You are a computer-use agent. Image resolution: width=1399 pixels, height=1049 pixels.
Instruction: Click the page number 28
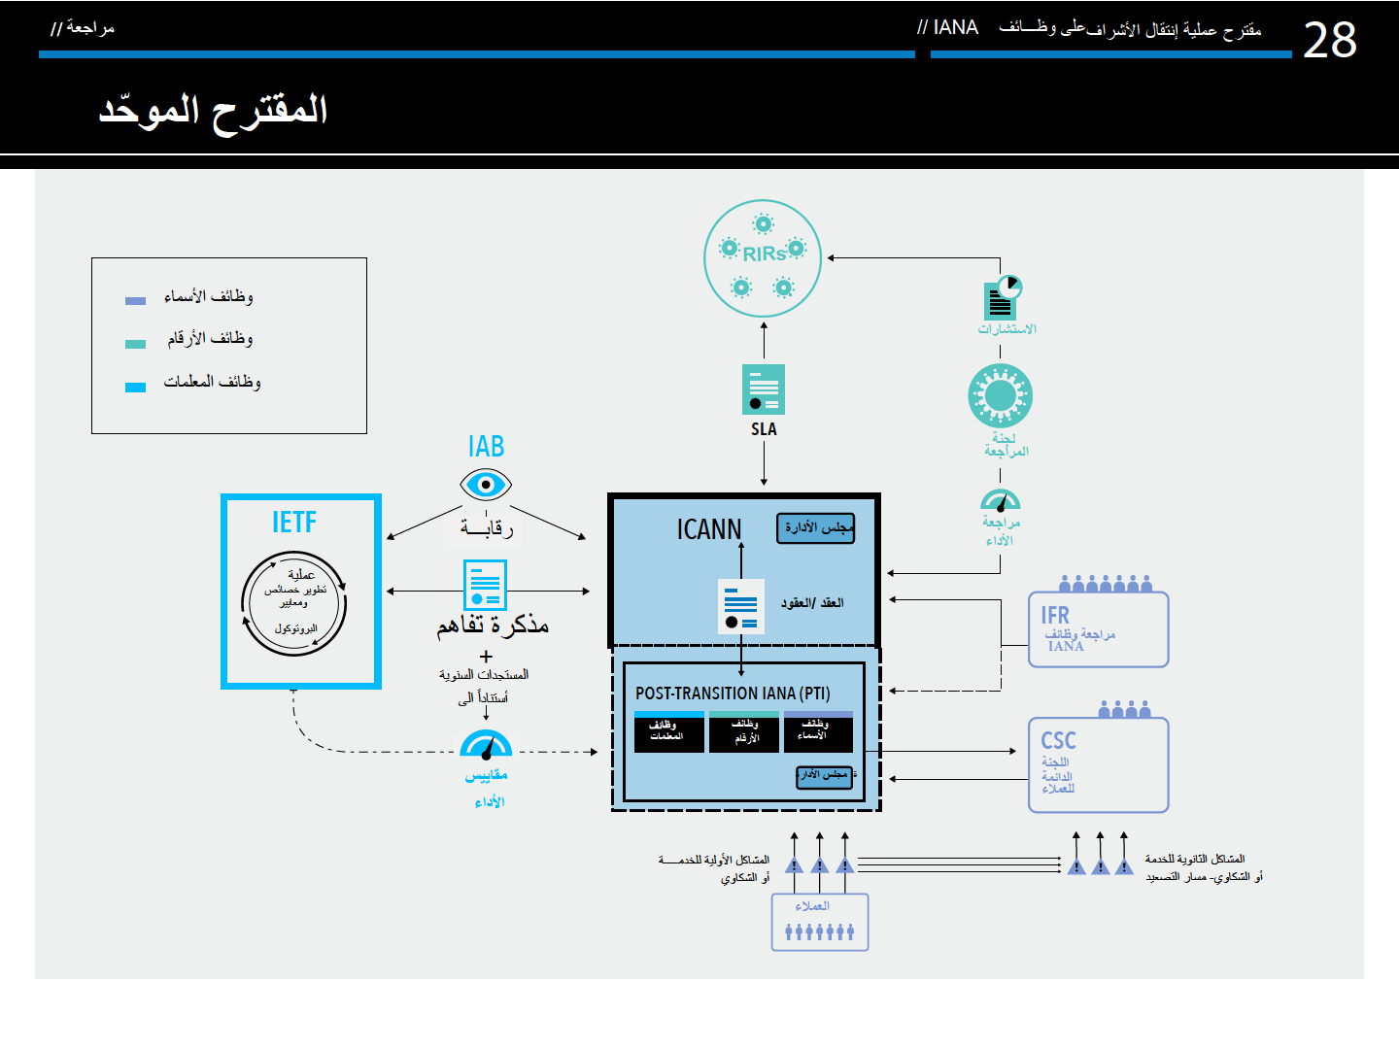point(1329,41)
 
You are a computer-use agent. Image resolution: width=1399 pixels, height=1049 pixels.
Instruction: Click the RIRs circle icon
point(763,257)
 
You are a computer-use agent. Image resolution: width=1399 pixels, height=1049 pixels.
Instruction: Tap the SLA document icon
point(764,389)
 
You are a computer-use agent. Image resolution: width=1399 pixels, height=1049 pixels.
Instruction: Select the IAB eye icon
point(486,484)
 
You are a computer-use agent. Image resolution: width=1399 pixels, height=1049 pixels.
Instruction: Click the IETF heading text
point(294,523)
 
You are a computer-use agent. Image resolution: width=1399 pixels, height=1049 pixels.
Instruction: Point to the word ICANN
point(708,529)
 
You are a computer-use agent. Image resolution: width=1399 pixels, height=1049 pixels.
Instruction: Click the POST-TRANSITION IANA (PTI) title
point(733,694)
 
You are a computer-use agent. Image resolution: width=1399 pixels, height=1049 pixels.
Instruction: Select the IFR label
point(1055,616)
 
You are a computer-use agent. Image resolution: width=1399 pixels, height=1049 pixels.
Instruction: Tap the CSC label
point(1058,740)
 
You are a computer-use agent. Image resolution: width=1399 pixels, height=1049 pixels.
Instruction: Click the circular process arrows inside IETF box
point(294,603)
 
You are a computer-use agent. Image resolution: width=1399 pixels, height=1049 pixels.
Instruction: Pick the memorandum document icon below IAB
point(485,585)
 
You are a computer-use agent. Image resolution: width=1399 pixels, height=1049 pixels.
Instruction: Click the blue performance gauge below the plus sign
point(486,745)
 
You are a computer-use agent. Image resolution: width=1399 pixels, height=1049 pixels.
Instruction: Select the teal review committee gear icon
point(1000,396)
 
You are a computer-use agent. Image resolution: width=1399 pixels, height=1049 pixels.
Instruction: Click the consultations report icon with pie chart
point(1003,298)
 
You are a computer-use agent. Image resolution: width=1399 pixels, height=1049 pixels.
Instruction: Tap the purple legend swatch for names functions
point(136,300)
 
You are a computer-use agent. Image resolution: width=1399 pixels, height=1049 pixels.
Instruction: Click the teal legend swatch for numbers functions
point(136,343)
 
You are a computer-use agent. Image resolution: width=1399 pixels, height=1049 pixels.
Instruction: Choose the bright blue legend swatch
point(136,387)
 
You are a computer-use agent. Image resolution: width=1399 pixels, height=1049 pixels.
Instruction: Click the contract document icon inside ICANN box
point(740,606)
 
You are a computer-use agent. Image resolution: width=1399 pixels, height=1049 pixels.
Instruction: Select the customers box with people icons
point(820,922)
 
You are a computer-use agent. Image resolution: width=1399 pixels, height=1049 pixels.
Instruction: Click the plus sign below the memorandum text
point(486,657)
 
